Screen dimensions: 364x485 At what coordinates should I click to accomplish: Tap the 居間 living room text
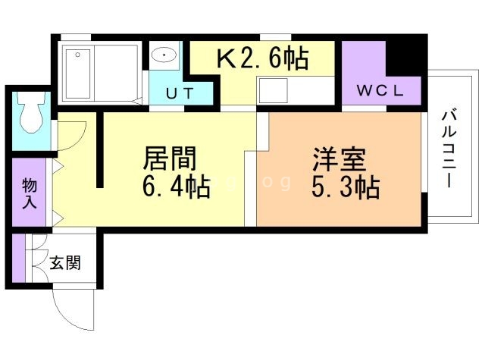point(171,158)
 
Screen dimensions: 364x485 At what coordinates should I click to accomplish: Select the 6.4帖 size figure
point(177,187)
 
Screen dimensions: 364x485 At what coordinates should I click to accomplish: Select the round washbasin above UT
point(164,55)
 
